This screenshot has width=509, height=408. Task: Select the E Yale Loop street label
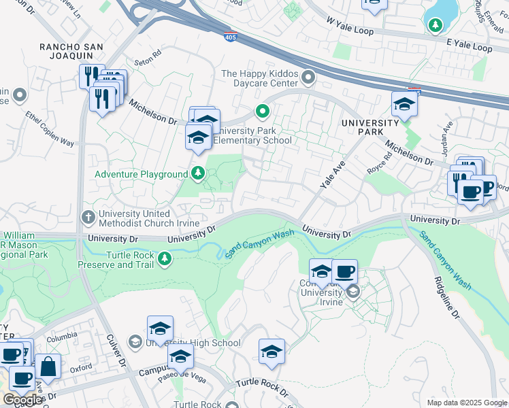[469, 46]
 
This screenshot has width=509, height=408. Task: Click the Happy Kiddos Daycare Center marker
[309, 78]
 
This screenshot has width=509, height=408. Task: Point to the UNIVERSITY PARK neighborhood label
[370, 127]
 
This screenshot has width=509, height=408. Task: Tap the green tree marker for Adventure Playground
[197, 173]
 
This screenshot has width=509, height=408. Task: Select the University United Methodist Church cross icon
[88, 218]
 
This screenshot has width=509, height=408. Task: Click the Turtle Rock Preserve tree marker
[163, 258]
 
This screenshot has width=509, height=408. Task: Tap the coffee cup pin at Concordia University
[344, 271]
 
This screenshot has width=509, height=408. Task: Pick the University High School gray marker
[135, 343]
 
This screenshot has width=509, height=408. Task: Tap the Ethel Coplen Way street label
[50, 129]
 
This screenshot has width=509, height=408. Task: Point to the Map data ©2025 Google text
[466, 403]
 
